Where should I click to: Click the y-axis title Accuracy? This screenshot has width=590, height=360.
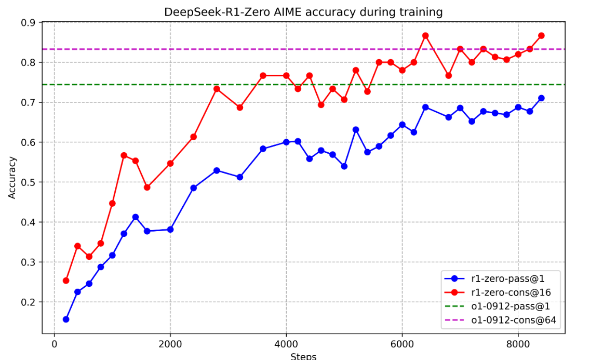(12, 177)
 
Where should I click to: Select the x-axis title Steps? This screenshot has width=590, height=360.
(303, 356)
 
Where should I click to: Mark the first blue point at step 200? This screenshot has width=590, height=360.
(66, 319)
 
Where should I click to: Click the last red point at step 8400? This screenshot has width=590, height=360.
(541, 36)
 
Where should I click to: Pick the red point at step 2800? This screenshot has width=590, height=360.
(217, 89)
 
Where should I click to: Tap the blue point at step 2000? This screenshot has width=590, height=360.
(170, 229)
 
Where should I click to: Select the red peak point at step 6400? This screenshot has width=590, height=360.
(425, 36)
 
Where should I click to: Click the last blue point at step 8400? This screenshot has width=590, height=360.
(541, 98)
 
